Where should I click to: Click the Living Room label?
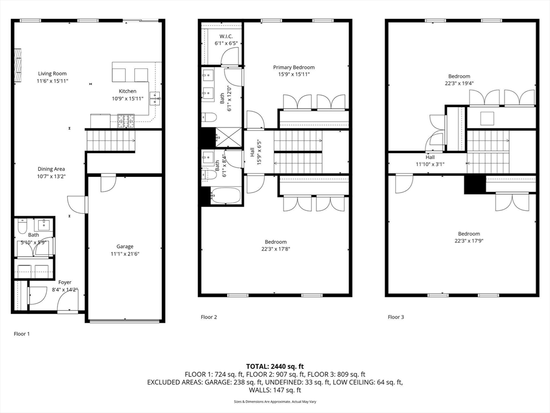tap(52, 74)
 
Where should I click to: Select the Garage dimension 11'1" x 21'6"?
tap(125, 254)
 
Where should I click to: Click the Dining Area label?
tap(51, 169)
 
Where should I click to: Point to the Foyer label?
tap(64, 282)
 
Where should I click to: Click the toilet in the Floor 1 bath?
tap(22, 227)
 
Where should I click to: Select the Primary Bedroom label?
tap(293, 67)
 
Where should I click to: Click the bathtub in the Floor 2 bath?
tap(225, 196)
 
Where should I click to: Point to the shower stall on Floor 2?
tap(228, 138)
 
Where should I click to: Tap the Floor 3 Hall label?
tap(430, 157)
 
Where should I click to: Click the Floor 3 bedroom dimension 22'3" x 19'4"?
tap(459, 83)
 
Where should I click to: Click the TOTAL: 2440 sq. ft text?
tap(274, 366)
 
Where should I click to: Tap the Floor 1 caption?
tap(21, 333)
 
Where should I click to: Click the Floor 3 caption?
tap(396, 317)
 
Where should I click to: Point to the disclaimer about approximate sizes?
tap(274, 402)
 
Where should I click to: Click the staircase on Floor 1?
tap(110, 140)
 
